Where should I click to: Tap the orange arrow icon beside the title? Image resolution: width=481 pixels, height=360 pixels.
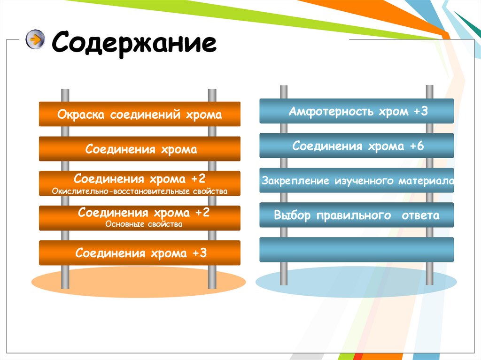click(35, 39)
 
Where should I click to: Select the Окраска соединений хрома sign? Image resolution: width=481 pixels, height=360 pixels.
click(140, 115)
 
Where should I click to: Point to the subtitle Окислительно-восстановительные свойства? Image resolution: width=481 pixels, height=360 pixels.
click(140, 191)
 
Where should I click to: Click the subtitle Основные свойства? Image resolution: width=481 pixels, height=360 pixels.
click(144, 224)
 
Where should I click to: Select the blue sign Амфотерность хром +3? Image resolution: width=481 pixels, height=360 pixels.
click(357, 111)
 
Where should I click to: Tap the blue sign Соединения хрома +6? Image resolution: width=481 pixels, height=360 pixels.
click(357, 146)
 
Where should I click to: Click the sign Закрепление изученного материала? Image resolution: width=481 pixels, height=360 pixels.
click(357, 181)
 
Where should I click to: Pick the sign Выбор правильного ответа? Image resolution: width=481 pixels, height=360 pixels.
click(357, 215)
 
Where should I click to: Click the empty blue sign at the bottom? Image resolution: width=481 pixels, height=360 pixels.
click(357, 249)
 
